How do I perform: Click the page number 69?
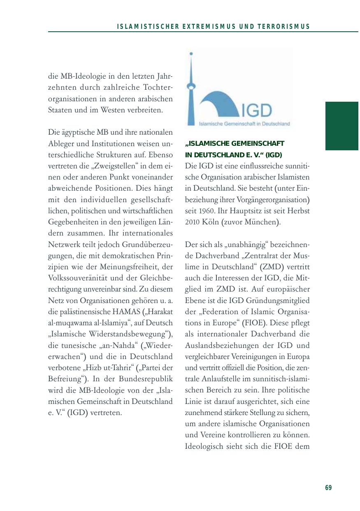pyautogui.click(x=328, y=488)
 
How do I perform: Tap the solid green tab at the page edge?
pyautogui.click(x=342, y=126)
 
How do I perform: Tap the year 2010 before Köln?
pyautogui.click(x=192, y=222)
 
